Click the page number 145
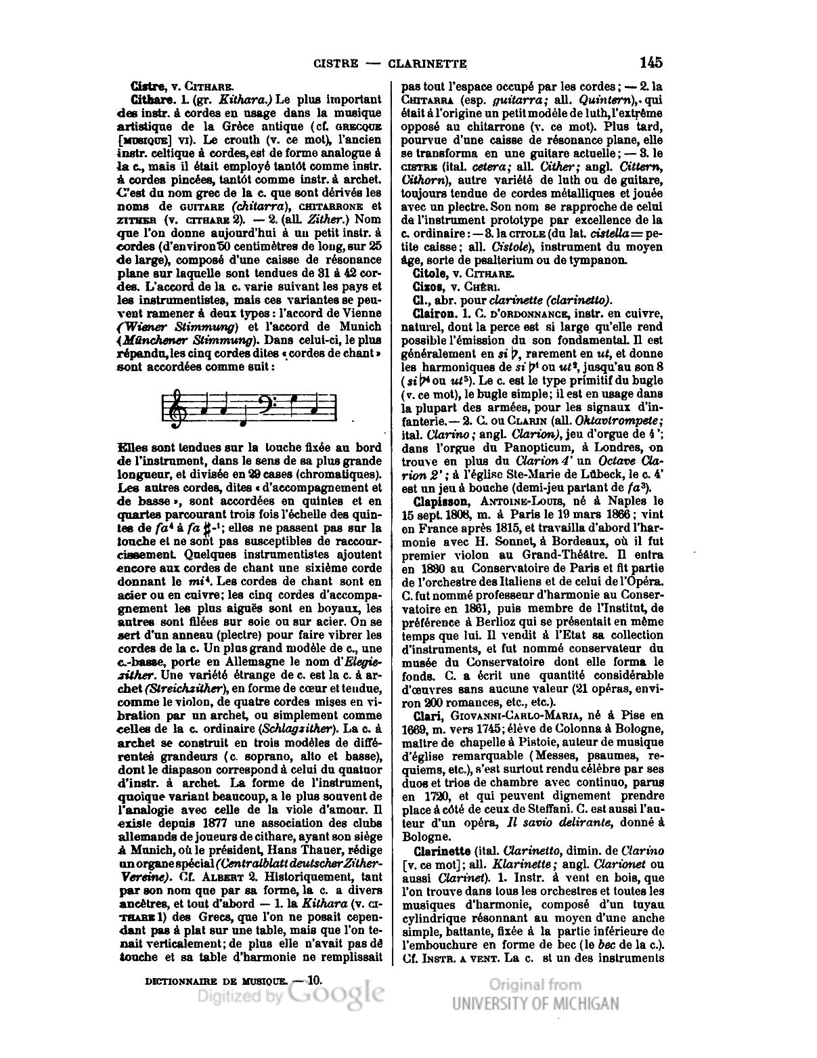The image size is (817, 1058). tap(649, 62)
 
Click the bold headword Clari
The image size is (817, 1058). tap(424, 715)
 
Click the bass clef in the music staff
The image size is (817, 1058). tap(266, 406)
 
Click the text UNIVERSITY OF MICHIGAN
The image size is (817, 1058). tap(535, 1003)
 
